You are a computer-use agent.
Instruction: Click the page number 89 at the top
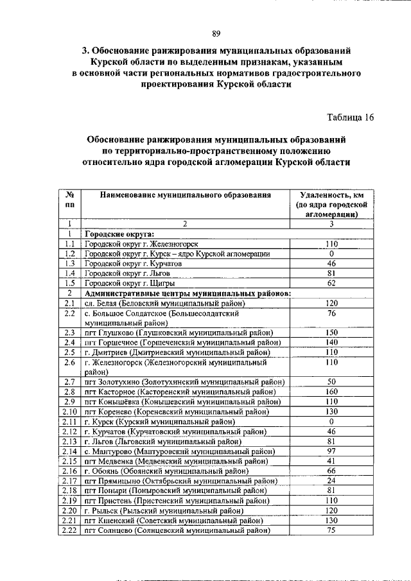pyautogui.click(x=216, y=34)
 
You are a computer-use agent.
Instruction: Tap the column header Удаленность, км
pyautogui.click(x=331, y=195)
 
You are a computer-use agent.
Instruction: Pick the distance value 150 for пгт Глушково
pyautogui.click(x=331, y=333)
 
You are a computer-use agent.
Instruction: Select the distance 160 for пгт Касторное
pyautogui.click(x=331, y=392)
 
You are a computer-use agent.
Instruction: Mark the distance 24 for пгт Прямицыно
pyautogui.click(x=331, y=480)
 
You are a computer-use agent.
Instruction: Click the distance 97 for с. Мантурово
pyautogui.click(x=331, y=451)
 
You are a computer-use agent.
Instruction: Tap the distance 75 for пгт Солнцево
pyautogui.click(x=331, y=530)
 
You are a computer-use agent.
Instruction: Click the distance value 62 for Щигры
pyautogui.click(x=331, y=283)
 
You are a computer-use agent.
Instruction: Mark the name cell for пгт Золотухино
pyautogui.click(x=185, y=382)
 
